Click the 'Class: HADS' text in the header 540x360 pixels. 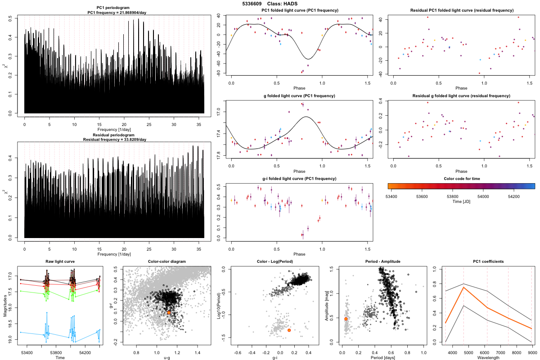(x=282, y=4)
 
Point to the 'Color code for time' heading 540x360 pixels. (x=461, y=178)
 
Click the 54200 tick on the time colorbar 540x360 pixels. (x=513, y=196)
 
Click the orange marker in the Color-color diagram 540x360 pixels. (x=169, y=312)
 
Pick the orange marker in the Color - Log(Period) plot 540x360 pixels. (x=288, y=330)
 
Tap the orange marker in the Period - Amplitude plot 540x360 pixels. (x=346, y=319)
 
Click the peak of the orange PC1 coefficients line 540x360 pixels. (x=463, y=287)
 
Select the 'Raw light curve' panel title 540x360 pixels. (x=60, y=262)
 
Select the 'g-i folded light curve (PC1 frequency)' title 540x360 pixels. (x=299, y=179)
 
